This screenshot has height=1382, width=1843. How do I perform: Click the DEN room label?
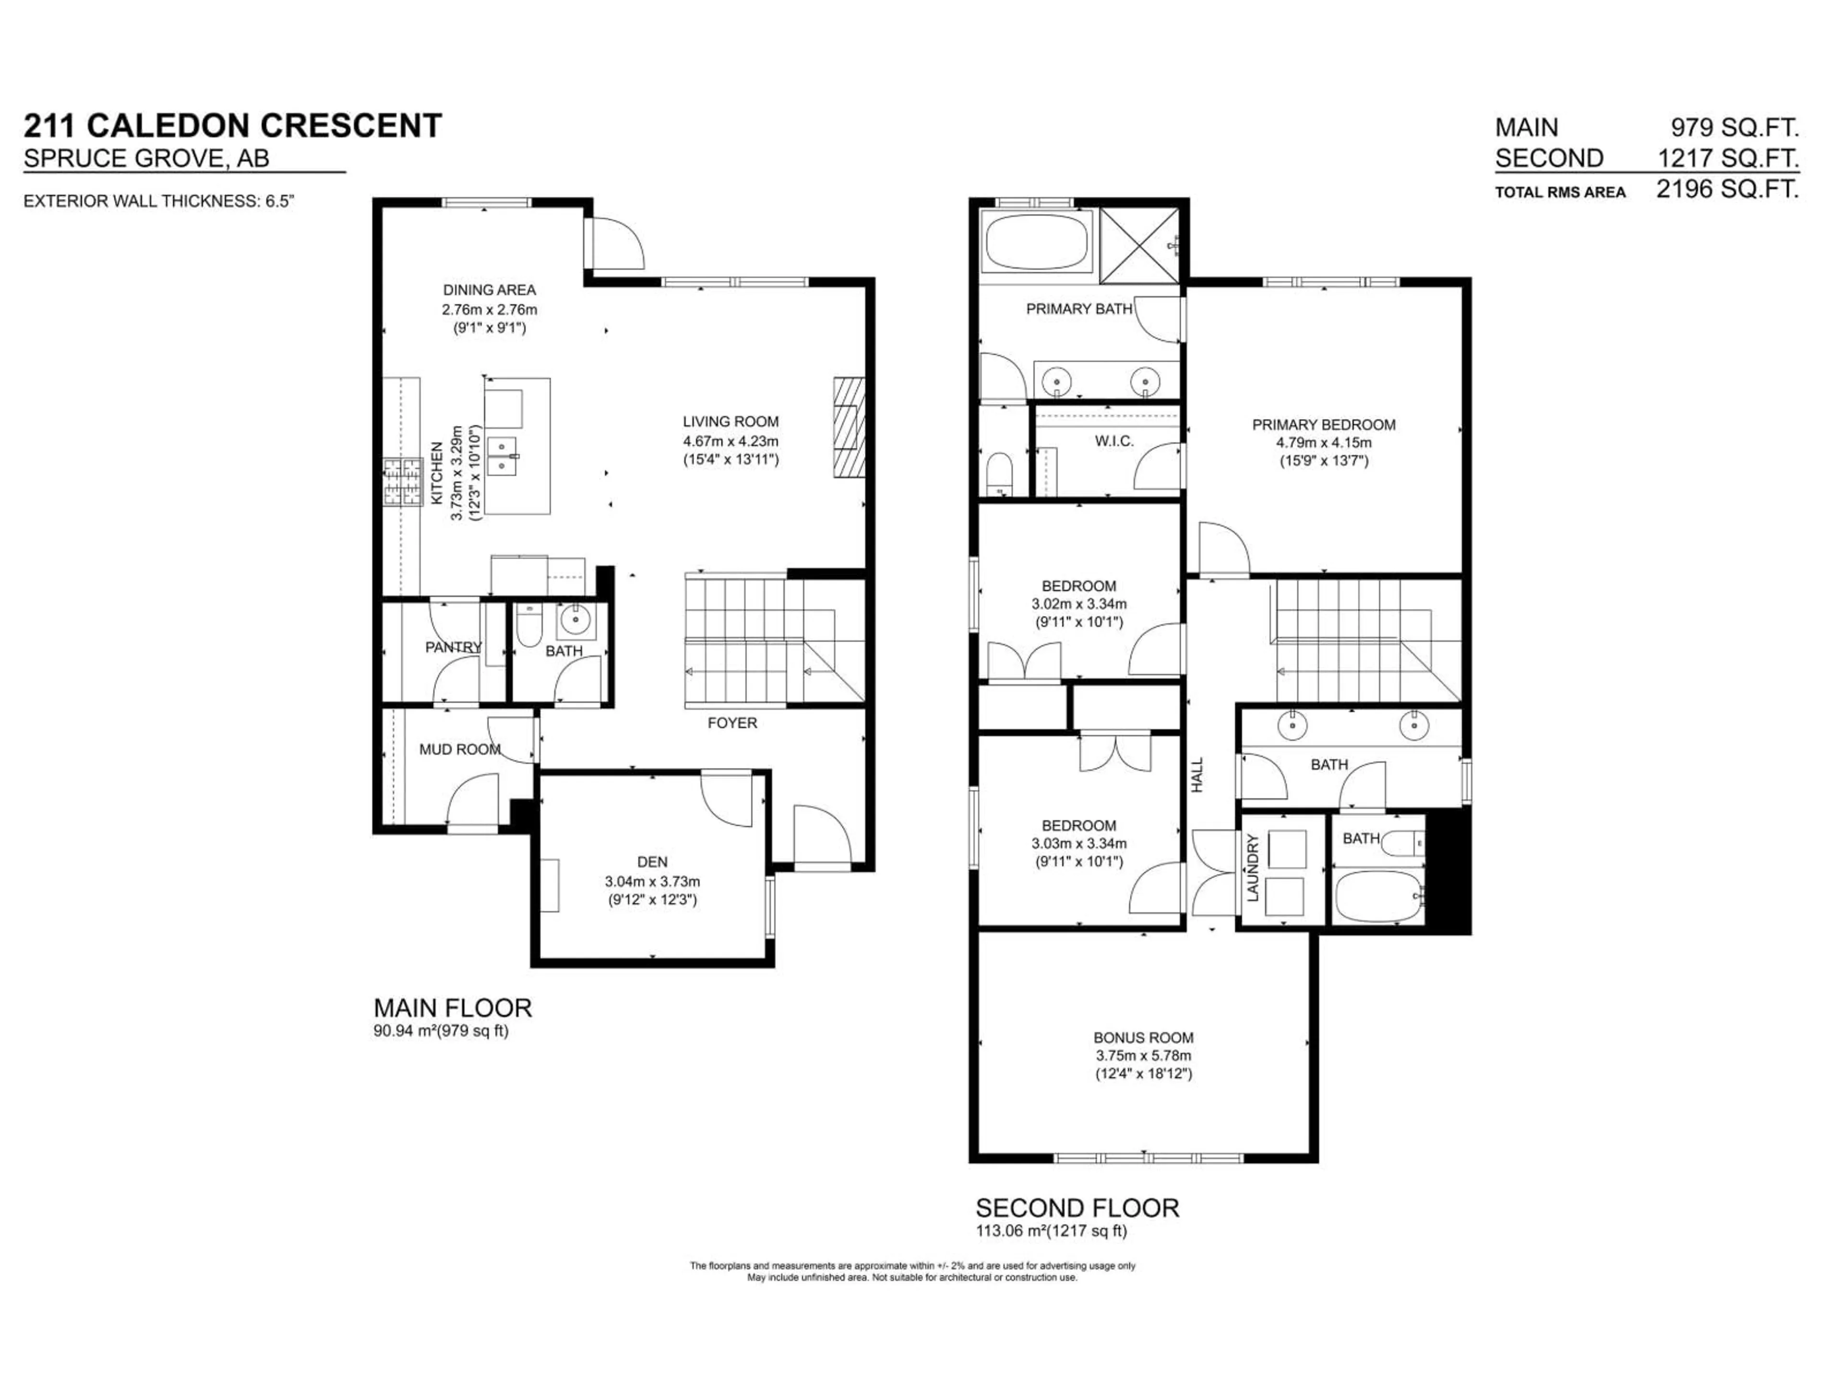[652, 862]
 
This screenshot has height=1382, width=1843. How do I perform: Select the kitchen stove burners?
[403, 482]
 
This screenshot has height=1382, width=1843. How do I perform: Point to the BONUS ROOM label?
[1143, 1037]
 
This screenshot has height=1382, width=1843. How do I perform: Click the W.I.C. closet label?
[1114, 441]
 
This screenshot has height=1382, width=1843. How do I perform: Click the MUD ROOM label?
[459, 750]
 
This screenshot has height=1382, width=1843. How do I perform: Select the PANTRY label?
[453, 647]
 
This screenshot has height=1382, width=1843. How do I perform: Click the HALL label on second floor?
[1197, 774]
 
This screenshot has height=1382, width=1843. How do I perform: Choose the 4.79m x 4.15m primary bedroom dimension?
[1323, 442]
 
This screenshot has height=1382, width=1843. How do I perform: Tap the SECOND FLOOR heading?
[1077, 1208]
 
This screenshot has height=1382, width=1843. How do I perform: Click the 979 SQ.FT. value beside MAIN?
[1734, 128]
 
